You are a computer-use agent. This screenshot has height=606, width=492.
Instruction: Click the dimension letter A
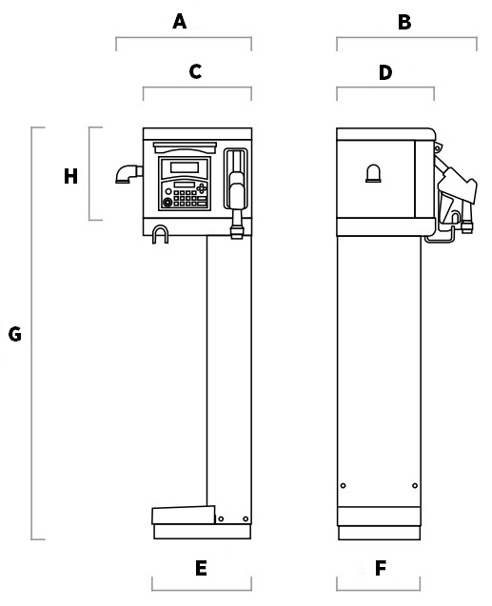(x=180, y=22)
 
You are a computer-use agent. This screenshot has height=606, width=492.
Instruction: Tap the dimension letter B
(x=404, y=23)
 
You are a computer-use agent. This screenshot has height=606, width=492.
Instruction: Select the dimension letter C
(x=196, y=71)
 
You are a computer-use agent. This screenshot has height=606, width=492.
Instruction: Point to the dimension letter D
(x=385, y=72)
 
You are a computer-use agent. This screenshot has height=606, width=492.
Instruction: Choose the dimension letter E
(x=201, y=568)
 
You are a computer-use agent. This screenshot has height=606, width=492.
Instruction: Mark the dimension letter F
(x=381, y=568)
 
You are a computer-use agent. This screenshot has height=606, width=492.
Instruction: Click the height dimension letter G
(x=15, y=334)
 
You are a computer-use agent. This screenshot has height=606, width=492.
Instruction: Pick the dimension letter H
(x=70, y=176)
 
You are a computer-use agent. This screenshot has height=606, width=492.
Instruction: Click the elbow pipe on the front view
(x=128, y=173)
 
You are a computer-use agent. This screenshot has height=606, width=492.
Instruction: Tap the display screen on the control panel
(x=185, y=167)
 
